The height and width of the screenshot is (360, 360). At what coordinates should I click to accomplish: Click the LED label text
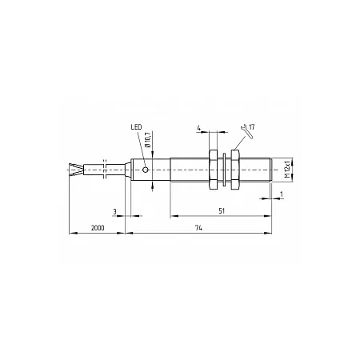[x=136, y=127]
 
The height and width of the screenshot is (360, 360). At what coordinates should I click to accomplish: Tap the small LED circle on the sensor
[x=146, y=170]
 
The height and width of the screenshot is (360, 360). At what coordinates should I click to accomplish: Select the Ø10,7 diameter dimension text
[x=148, y=139]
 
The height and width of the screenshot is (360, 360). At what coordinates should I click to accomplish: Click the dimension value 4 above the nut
[x=199, y=128]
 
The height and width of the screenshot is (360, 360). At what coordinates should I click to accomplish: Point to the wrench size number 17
[x=251, y=126]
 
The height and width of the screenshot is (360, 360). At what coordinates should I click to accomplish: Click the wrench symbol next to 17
[x=246, y=131]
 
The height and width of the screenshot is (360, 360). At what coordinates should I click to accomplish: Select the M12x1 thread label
[x=287, y=170]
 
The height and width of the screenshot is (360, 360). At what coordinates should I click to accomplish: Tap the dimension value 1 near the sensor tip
[x=281, y=194]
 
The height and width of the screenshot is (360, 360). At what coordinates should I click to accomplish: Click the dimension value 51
[x=222, y=211]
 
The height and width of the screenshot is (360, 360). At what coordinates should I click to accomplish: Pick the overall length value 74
[x=198, y=228]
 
